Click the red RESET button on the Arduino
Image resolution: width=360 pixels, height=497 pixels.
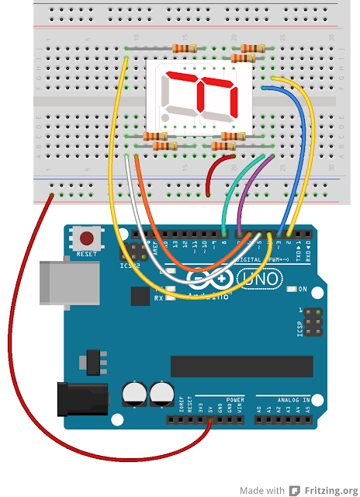coord(88,238)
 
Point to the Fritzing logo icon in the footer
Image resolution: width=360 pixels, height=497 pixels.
coord(294,490)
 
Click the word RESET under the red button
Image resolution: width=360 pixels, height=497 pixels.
coord(88,254)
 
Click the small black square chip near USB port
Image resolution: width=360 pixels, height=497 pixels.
coord(140,295)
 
